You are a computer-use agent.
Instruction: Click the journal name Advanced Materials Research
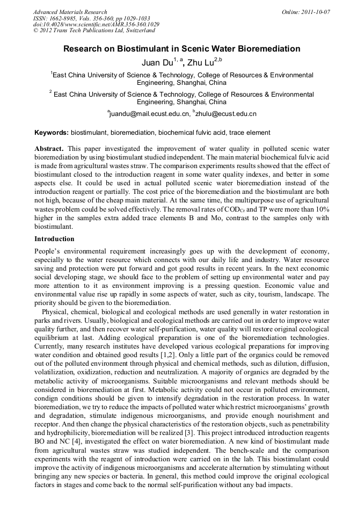tap(70, 12)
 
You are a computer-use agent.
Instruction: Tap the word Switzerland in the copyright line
tap(138, 31)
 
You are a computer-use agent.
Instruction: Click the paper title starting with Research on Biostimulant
tap(182, 49)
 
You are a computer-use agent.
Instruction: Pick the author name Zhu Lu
tap(200, 63)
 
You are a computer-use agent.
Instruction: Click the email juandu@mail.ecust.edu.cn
tap(150, 114)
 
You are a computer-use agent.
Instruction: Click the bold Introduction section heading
tap(54, 238)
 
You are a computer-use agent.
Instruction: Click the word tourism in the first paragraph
tap(250, 294)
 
